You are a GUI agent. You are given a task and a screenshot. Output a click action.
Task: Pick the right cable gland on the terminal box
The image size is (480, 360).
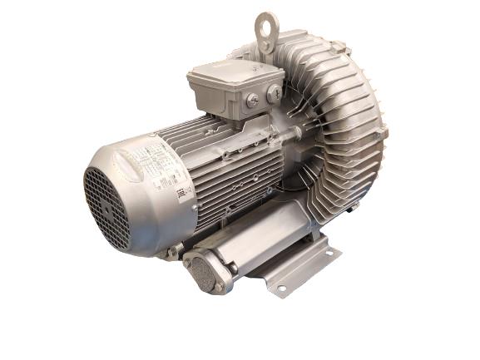273,94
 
